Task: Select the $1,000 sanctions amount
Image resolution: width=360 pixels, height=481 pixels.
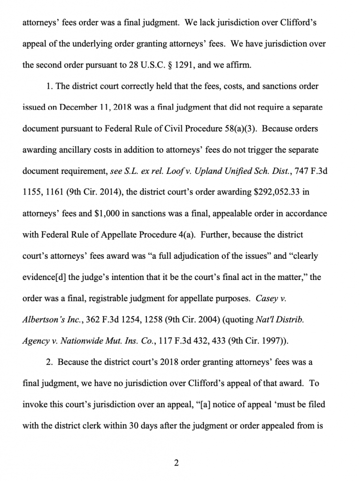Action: [x=109, y=214]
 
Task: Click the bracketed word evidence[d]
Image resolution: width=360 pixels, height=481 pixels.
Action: [x=45, y=277]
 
